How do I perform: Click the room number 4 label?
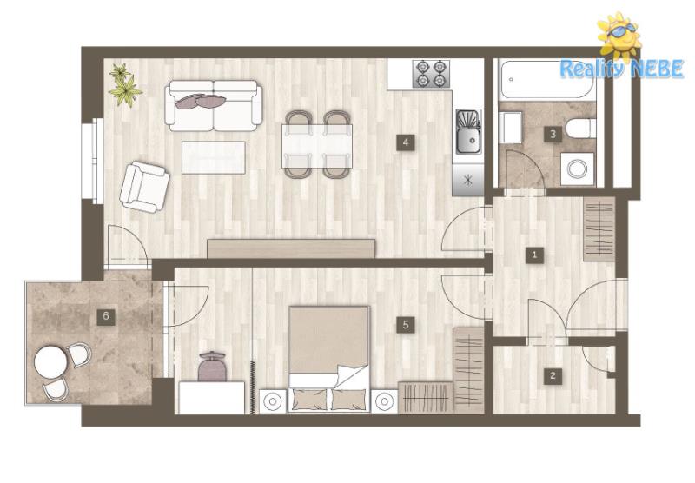[x=405, y=142]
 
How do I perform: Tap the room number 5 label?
[x=405, y=325]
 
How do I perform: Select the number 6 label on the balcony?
[x=105, y=316]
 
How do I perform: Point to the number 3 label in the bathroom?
[x=553, y=134]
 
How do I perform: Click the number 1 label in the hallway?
[x=534, y=255]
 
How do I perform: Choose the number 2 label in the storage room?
[x=553, y=376]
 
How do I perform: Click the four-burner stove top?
[x=431, y=74]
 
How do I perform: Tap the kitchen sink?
[x=468, y=131]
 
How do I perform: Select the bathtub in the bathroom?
[x=548, y=79]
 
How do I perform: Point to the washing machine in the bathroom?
[x=578, y=169]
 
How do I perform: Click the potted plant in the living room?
[x=124, y=85]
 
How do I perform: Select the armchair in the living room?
[x=144, y=187]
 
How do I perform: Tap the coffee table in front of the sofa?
[x=213, y=157]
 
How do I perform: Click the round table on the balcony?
[x=51, y=362]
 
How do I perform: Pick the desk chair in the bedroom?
[x=212, y=367]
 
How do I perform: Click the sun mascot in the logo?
[x=619, y=36]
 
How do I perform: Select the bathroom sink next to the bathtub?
[x=510, y=128]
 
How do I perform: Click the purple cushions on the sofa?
[x=201, y=101]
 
